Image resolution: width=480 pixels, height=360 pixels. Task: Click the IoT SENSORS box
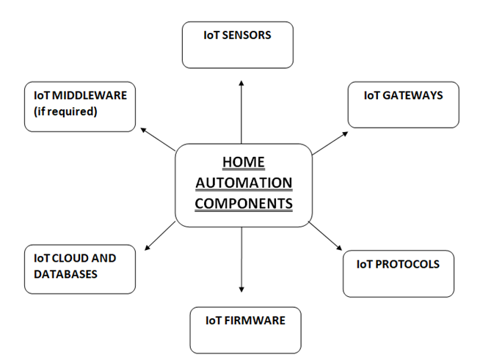pyautogui.click(x=238, y=45)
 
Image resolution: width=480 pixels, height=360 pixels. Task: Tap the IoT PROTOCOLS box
pyautogui.click(x=398, y=273)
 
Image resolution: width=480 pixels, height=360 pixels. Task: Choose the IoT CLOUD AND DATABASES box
pyautogui.click(x=79, y=269)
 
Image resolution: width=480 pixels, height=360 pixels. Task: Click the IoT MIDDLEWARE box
pyautogui.click(x=79, y=106)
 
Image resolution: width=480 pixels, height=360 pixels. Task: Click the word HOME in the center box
pyautogui.click(x=243, y=162)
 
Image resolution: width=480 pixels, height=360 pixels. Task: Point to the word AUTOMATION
pyautogui.click(x=243, y=183)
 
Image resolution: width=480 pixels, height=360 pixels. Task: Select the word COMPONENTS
pyautogui.click(x=243, y=203)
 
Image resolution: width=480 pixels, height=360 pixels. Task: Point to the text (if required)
pyautogui.click(x=65, y=111)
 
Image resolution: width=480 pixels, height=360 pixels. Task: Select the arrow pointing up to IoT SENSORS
pyautogui.click(x=241, y=110)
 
